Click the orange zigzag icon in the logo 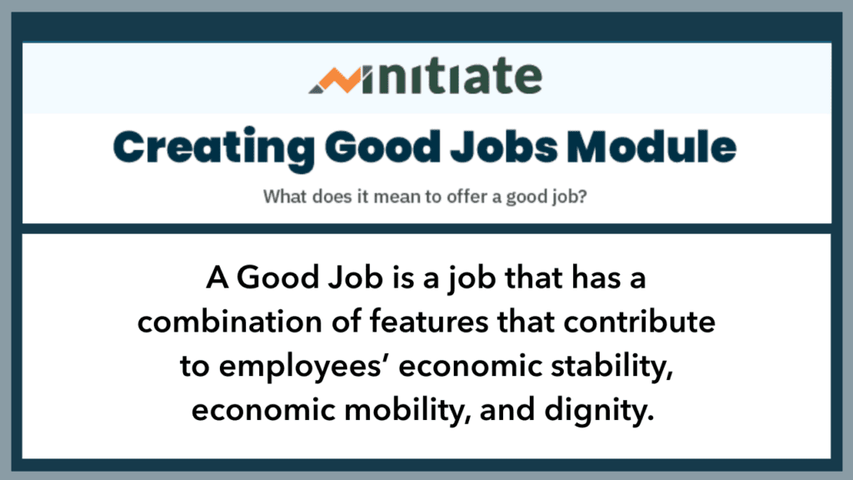pos(335,80)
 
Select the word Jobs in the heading pos(504,147)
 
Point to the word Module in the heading pos(651,147)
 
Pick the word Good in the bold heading pos(382,147)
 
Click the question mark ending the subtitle pos(582,196)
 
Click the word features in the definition pos(429,321)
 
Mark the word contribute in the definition pos(639,321)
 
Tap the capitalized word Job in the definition pos(356,277)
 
